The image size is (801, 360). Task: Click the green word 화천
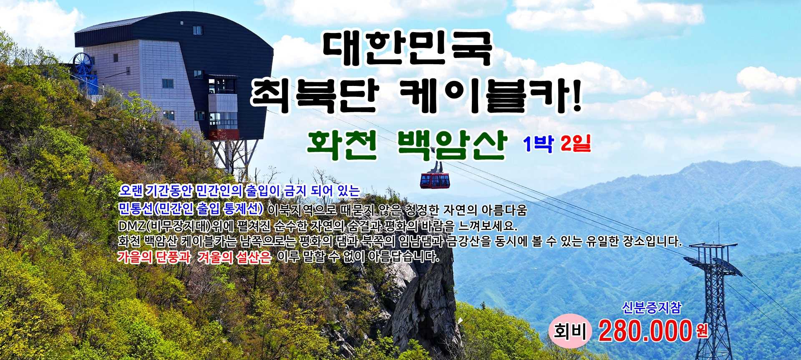click(x=342, y=145)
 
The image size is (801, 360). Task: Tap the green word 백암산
click(x=452, y=145)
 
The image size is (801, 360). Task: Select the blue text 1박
click(x=538, y=144)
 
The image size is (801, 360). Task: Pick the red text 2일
click(x=576, y=144)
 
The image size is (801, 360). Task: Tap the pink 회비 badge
click(x=570, y=331)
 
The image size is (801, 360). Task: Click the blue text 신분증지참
click(x=651, y=308)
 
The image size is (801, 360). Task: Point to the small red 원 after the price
click(x=702, y=331)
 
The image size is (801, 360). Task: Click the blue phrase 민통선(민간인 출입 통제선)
click(x=191, y=208)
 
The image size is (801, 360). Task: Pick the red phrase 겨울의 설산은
click(x=234, y=257)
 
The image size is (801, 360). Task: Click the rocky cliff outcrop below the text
click(x=421, y=300)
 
